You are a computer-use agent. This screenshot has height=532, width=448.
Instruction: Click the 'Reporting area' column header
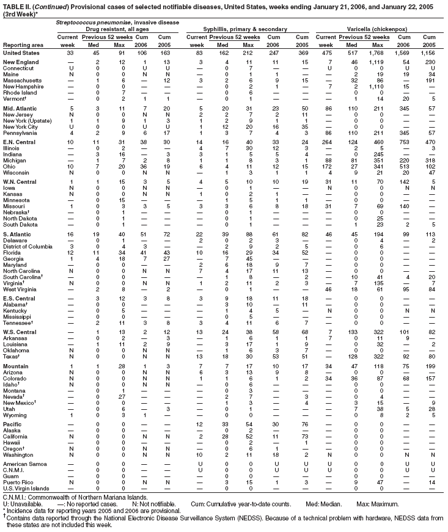click(x=23, y=45)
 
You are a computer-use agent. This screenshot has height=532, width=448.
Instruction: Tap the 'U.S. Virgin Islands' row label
click(x=26, y=489)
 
